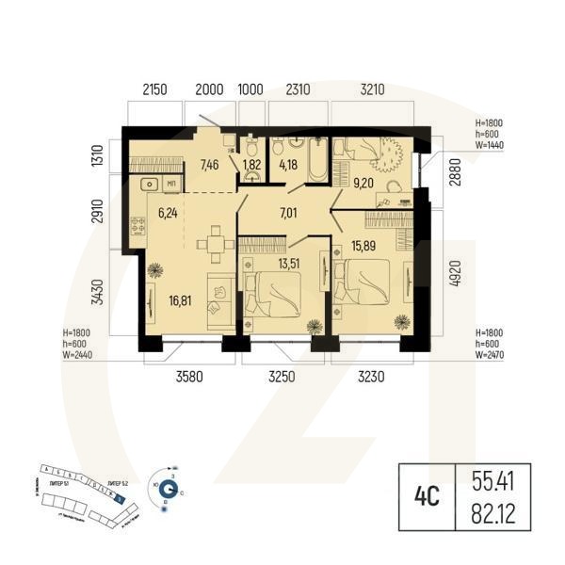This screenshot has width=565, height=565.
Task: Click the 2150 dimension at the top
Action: point(154,90)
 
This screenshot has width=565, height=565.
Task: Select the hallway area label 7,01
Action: point(288,213)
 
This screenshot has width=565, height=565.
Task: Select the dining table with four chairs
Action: point(215,244)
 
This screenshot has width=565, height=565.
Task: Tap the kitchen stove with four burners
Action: point(138,225)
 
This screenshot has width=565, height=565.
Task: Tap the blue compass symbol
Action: point(168,489)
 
